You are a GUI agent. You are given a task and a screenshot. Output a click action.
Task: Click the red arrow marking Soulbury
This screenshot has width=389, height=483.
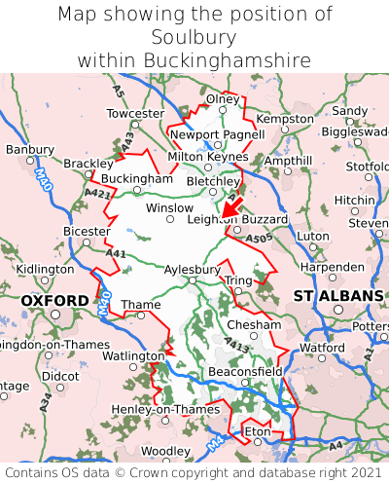point(230,205)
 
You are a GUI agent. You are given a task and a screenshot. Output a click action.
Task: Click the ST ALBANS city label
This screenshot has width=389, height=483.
point(337,295)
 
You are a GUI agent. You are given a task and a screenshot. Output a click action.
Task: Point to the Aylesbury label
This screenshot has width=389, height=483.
point(192,269)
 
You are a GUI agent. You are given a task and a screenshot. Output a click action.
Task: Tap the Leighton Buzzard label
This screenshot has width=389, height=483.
point(237,220)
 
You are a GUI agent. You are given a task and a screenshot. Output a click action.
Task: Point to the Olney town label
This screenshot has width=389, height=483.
point(222,99)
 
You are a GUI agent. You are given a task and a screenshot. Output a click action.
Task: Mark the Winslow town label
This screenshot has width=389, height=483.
point(169,207)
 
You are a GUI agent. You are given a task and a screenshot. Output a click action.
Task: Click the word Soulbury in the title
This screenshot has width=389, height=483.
point(194,37)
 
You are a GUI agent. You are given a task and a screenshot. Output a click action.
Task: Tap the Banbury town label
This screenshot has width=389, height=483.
point(29,150)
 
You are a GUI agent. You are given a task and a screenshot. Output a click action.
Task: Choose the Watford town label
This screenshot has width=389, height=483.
point(322,347)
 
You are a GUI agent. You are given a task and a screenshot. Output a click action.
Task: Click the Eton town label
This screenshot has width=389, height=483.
point(257,429)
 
